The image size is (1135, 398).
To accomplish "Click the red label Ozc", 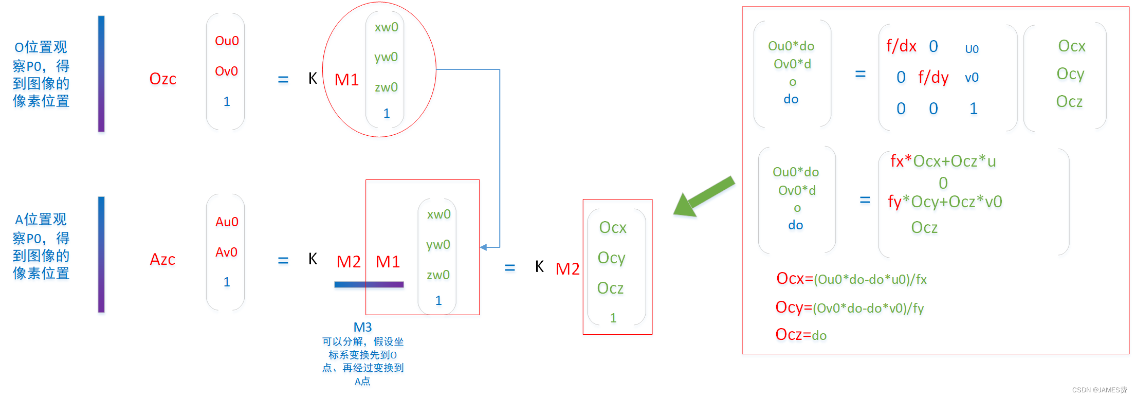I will click(x=162, y=79).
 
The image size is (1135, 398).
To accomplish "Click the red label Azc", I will click(x=162, y=259).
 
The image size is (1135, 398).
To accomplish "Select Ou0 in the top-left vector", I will click(x=227, y=41).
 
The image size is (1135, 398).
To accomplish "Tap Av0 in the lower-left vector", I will click(x=226, y=252).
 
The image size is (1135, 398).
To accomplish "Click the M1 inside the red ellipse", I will click(x=346, y=80).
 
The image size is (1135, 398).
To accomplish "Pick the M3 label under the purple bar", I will click(x=362, y=327).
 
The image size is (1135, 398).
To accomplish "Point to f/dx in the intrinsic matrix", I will click(x=901, y=46).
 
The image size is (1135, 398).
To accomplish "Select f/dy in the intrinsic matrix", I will click(x=933, y=77).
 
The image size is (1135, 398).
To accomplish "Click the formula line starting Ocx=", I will click(x=851, y=279).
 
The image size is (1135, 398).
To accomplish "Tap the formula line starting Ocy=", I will click(x=849, y=307).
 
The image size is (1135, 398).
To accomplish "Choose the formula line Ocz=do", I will click(x=801, y=335).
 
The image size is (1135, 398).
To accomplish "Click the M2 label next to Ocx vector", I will click(x=567, y=268).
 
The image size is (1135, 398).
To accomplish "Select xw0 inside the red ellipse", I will click(x=386, y=27).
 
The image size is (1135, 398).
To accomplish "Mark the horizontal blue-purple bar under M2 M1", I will click(x=369, y=284).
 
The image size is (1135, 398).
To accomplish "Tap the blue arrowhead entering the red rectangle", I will click(x=484, y=247).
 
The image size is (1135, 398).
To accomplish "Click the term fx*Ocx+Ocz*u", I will click(x=943, y=161).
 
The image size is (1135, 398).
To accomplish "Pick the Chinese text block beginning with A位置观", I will click(x=41, y=246).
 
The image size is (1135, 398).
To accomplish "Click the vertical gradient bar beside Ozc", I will click(x=101, y=74).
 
